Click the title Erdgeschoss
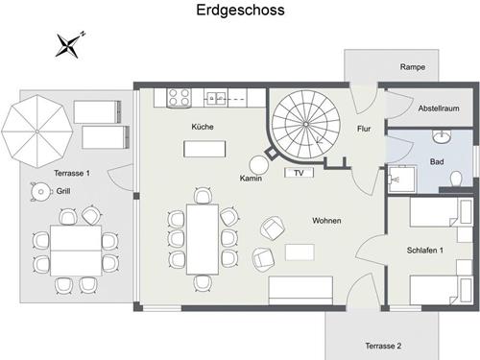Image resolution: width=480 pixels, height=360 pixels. tap(239, 11)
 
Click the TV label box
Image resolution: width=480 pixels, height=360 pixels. tap(299, 174)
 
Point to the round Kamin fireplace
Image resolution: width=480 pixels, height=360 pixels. tap(260, 165)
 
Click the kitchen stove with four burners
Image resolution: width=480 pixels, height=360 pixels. tap(179, 96)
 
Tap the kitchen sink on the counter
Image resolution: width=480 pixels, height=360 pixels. tap(215, 96)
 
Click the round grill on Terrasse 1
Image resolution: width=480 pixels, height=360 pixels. tap(39, 192)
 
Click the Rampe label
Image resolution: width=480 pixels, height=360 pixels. tap(414, 66)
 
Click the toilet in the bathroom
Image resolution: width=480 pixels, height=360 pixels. tap(455, 178)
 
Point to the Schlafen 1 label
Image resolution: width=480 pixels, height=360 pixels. tap(425, 251)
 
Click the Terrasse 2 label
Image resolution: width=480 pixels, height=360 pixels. tap(383, 345)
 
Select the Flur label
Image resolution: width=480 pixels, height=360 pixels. tap(364, 128)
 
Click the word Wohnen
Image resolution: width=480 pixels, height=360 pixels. tap(326, 221)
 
